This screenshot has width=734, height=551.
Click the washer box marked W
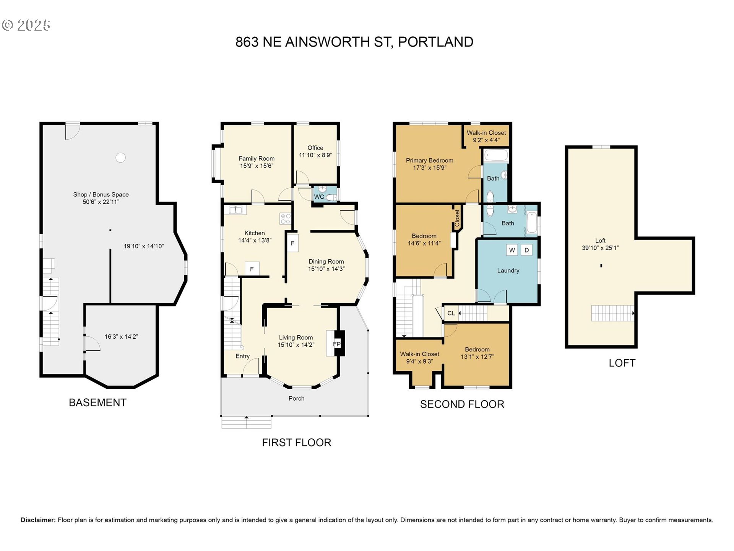click(x=512, y=250)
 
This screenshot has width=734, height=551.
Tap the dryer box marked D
click(x=526, y=250)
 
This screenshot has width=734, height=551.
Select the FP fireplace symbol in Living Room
click(x=337, y=344)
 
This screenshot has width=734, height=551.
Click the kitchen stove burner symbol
click(x=286, y=218)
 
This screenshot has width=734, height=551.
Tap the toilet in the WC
click(x=331, y=197)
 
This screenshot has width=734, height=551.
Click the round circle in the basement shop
click(x=120, y=157)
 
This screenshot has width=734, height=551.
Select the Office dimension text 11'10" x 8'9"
click(x=315, y=155)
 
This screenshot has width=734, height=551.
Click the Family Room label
click(x=257, y=158)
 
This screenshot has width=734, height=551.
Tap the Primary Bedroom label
click(x=430, y=160)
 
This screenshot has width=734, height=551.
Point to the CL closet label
click(x=451, y=313)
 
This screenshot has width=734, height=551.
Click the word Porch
click(x=297, y=398)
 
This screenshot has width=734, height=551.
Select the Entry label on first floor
click(x=242, y=356)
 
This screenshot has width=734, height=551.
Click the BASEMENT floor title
click(x=97, y=403)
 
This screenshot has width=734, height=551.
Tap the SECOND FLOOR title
click(x=462, y=404)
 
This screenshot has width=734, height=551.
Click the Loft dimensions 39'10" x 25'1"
click(x=600, y=248)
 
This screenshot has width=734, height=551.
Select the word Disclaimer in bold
click(x=38, y=520)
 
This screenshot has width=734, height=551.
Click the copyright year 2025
click(x=34, y=25)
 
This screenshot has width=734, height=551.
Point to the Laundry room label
click(x=508, y=271)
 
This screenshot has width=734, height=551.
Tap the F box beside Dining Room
click(x=292, y=243)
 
